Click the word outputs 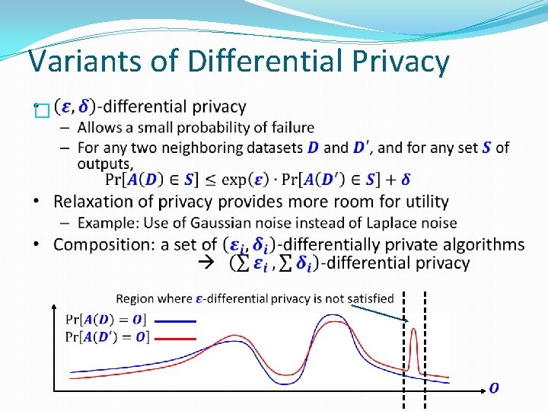pos(104,163)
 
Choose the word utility pos(421,202)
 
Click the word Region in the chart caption pos(135,298)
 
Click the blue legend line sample pos(174,320)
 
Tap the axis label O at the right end pos(494,388)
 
